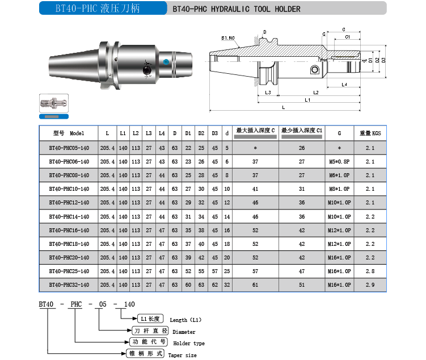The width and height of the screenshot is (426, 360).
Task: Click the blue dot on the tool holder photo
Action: (166, 62)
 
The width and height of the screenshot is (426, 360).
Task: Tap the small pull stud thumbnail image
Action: (54, 103)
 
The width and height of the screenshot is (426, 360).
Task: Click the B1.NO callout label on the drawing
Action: (228, 38)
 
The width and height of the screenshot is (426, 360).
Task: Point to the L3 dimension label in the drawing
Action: (268, 93)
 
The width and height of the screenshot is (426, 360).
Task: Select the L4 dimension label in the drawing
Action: (344, 85)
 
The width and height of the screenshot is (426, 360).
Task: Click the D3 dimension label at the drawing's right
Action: (383, 60)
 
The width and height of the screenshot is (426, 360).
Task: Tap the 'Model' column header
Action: (77, 133)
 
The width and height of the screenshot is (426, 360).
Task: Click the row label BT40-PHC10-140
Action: (69, 189)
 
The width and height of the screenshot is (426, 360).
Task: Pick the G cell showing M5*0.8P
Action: (339, 162)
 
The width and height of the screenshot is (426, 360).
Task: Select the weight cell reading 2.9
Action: (370, 285)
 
